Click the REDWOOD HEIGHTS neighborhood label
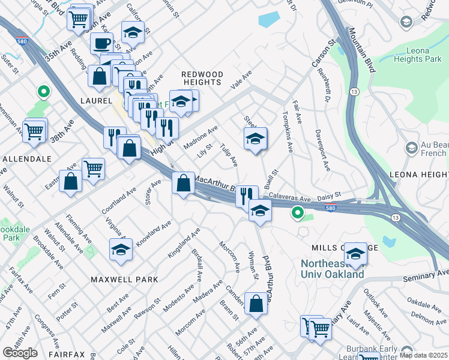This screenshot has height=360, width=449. tap(202, 79)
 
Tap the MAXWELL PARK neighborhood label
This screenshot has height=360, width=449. tap(124, 280)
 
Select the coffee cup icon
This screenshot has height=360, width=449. tap(101, 43)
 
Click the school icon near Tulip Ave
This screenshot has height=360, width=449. tap(255, 139)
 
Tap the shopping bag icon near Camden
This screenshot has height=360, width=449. tap(256, 303)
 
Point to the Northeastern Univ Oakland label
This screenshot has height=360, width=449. tap(332, 269)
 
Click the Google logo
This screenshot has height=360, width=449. tap(20, 353)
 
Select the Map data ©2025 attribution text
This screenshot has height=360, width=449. tap(423, 355)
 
